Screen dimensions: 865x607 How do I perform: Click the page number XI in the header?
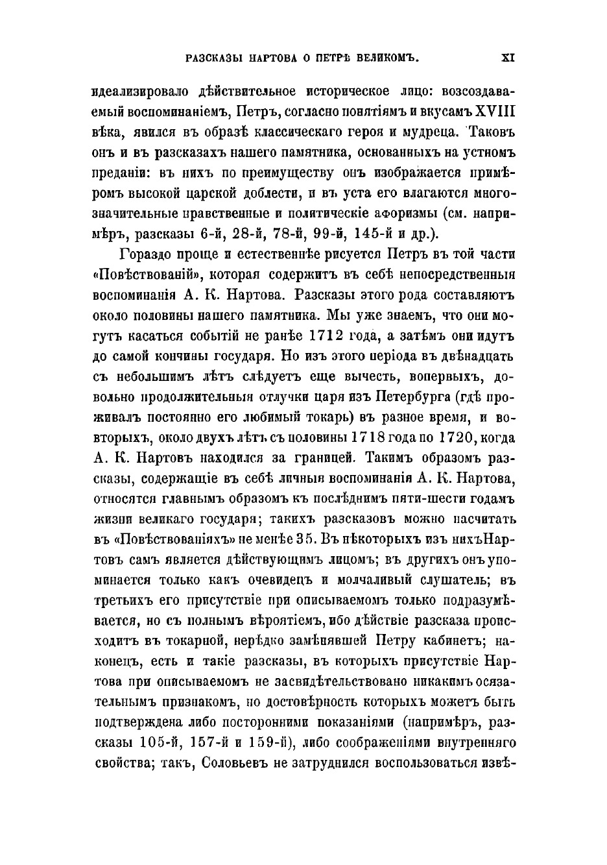pos(508,57)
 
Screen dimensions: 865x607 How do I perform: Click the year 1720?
pos(463,439)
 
